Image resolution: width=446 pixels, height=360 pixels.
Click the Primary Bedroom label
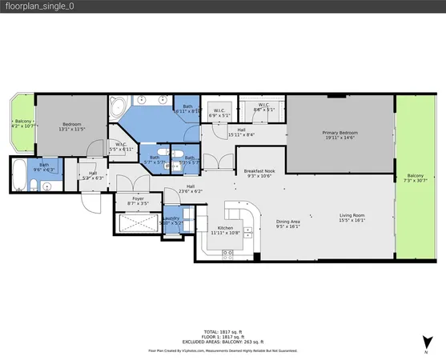(x=340, y=133)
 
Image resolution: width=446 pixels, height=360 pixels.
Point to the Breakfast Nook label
(x=259, y=171)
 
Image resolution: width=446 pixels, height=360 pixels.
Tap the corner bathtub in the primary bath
(x=118, y=105)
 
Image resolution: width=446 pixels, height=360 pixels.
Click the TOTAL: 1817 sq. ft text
(x=223, y=330)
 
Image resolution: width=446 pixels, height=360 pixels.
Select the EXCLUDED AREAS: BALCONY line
(x=223, y=341)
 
